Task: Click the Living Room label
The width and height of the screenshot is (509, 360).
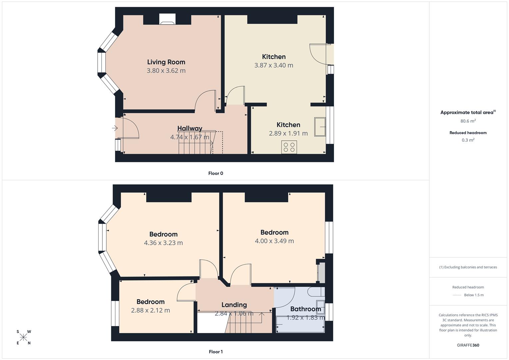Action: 166,62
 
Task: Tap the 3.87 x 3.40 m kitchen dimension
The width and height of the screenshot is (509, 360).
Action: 274,65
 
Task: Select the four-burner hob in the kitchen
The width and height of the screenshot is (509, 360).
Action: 289,147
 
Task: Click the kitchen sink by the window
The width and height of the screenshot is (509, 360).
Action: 320,127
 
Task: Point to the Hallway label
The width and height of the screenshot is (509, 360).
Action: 190,128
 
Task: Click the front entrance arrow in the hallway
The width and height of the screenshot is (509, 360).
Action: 115,128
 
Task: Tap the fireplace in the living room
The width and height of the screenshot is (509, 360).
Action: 167,19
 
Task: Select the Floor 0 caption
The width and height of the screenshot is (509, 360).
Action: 216,173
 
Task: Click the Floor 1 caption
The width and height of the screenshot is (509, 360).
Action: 216,352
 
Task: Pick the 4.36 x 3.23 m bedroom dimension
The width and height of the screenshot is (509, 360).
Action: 163,243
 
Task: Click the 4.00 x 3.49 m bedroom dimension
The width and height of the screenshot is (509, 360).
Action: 274,241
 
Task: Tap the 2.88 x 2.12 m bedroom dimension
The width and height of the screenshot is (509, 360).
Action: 150,310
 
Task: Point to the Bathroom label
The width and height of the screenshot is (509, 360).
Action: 305,309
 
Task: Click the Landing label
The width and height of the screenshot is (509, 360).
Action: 234,305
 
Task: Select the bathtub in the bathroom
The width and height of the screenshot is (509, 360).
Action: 300,324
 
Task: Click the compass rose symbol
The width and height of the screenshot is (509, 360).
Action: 23,337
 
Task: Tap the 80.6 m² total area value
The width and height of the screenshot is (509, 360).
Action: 468,121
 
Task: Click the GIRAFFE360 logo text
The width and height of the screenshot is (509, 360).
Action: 468,345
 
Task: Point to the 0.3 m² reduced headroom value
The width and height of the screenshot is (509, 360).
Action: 468,140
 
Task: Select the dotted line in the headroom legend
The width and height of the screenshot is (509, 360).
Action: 457,295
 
